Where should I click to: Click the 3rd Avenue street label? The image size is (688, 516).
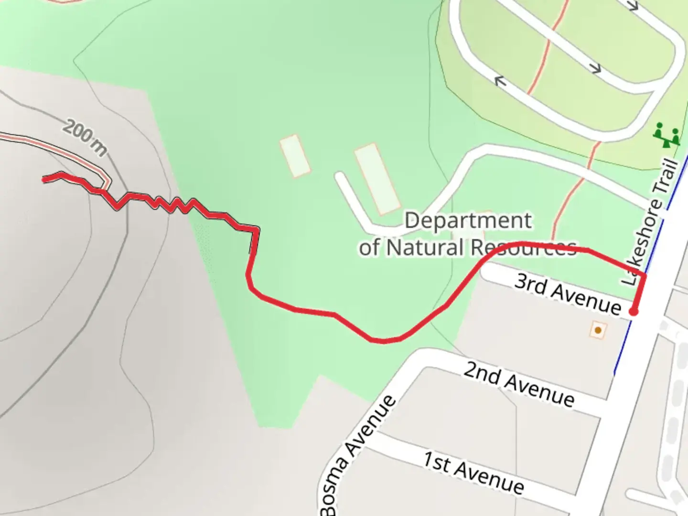[x=568, y=293]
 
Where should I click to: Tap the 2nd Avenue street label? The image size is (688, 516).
[x=518, y=384]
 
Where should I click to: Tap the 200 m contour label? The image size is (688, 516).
[x=85, y=138]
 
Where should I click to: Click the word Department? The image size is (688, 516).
[x=468, y=221]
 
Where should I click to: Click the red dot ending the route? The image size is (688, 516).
[x=634, y=312]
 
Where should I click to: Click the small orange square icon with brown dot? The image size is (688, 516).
[x=598, y=330]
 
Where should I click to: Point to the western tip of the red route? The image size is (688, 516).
[x=44, y=180]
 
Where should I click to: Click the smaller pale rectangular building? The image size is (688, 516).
[x=295, y=156]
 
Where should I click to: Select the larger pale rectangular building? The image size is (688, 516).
[x=377, y=178]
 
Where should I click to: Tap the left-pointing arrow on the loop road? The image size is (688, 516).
[x=500, y=82]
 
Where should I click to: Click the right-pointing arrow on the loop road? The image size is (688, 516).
[x=595, y=68]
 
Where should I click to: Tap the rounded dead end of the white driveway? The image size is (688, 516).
[x=340, y=177]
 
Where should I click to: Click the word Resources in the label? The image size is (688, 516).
[x=524, y=247]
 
